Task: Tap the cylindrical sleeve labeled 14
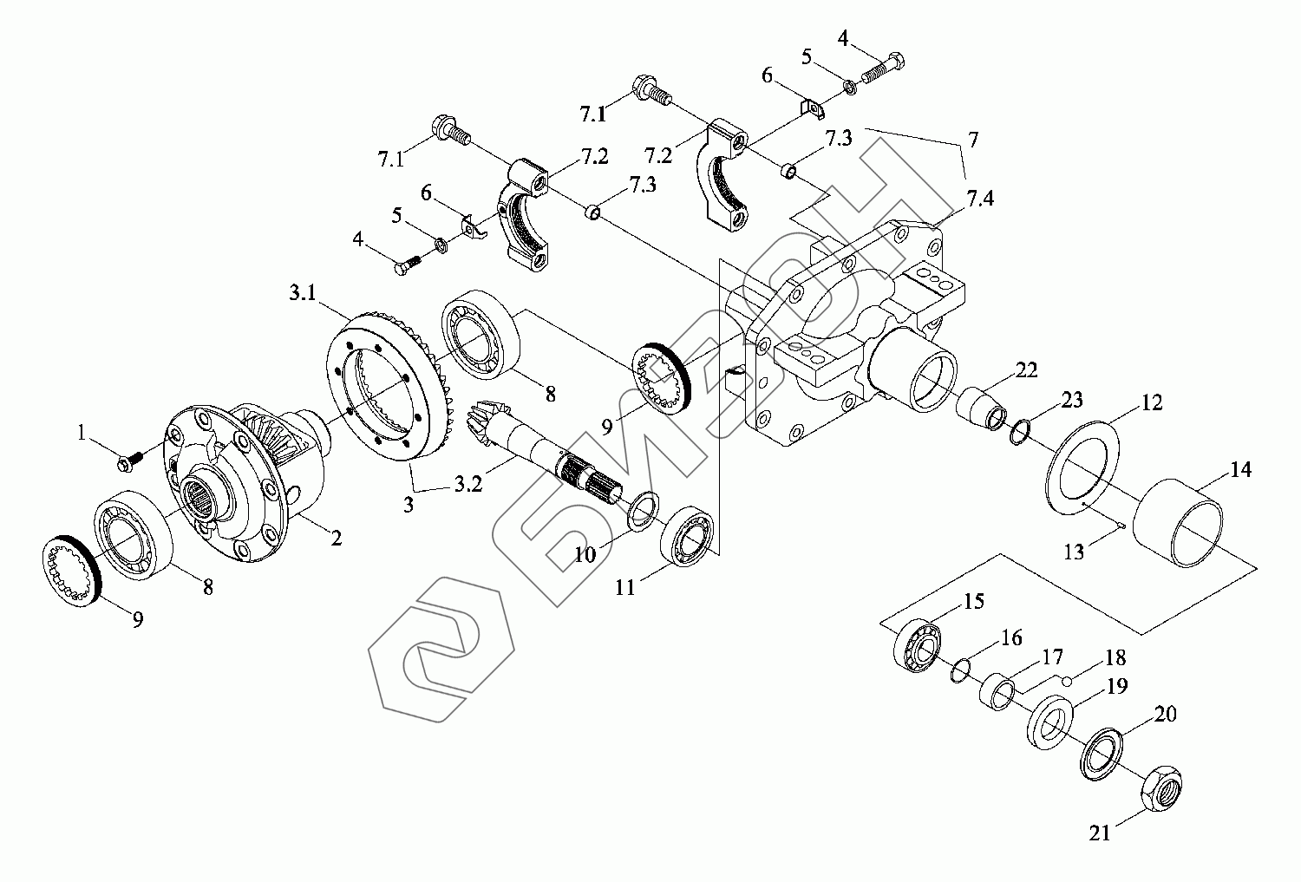point(1183,524)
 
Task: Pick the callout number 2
point(336,538)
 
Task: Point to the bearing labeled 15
point(919,645)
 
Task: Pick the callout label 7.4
point(981,198)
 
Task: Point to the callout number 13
point(1074,551)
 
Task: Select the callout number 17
point(1051,657)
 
